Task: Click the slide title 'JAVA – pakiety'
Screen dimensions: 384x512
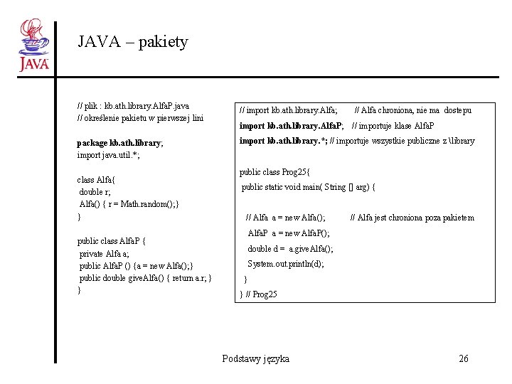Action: click(133, 42)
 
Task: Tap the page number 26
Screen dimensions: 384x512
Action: click(464, 358)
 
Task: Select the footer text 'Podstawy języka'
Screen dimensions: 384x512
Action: click(255, 358)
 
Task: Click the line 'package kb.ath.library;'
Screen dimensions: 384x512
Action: click(120, 143)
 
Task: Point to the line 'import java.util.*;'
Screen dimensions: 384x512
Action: click(108, 155)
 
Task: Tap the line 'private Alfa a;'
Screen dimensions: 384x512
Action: click(104, 253)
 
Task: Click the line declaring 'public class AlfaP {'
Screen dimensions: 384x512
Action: click(112, 241)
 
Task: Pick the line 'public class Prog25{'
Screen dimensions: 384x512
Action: click(275, 172)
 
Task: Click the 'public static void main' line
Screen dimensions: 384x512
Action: click(309, 188)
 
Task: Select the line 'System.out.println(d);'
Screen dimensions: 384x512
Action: click(285, 264)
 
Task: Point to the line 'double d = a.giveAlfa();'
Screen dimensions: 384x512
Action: click(289, 249)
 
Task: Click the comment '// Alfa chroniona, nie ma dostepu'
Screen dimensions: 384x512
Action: click(412, 110)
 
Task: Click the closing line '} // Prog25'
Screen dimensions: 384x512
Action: click(259, 294)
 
